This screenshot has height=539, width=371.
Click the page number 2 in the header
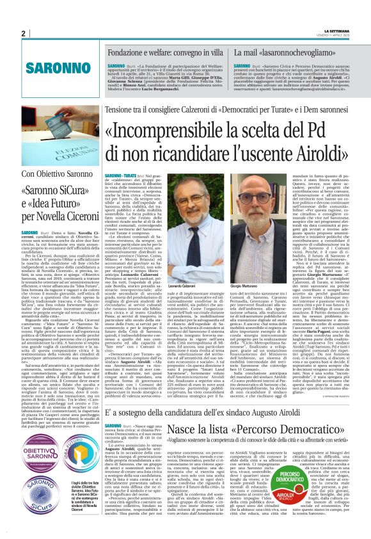coord(23,33)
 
